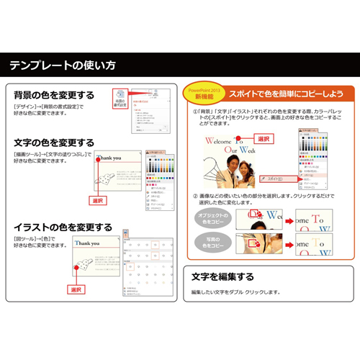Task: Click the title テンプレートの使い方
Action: (x=62, y=66)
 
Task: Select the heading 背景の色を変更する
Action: (x=55, y=95)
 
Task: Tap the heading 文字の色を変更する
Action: (x=55, y=142)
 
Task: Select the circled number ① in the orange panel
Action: (x=195, y=113)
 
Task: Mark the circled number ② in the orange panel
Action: (x=195, y=196)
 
